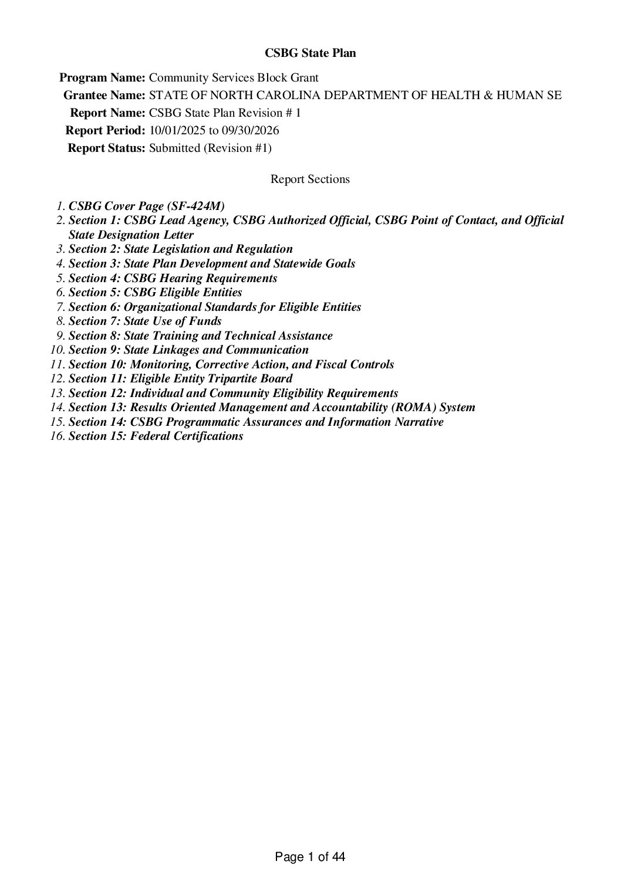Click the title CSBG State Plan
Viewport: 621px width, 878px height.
point(310,53)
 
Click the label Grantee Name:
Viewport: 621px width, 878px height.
point(104,95)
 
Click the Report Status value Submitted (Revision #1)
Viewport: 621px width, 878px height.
point(210,148)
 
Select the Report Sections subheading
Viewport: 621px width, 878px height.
point(310,179)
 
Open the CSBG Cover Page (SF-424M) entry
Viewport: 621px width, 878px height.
point(147,206)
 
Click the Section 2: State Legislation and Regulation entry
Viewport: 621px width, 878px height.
point(181,249)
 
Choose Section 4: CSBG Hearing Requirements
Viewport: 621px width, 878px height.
point(173,278)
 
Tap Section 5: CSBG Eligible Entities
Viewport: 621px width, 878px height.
point(155,292)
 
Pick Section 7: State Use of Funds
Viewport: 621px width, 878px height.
point(145,321)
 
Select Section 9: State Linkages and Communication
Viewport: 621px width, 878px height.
point(188,350)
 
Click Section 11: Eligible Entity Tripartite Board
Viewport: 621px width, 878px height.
point(180,378)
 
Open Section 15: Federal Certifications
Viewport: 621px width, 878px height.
point(156,436)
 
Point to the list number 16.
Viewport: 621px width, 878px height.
point(57,436)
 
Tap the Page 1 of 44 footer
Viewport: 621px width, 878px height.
point(310,857)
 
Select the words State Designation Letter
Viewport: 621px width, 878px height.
point(131,235)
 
